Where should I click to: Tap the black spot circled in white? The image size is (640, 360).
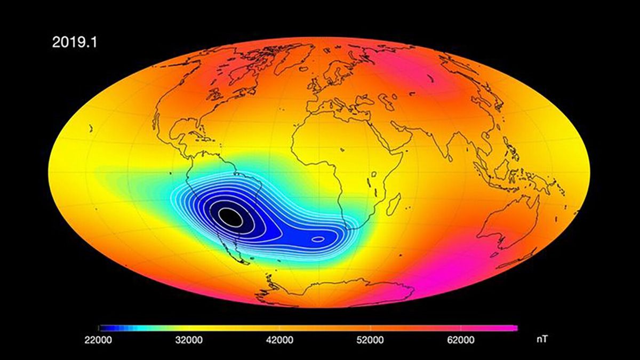pos(230,216)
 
